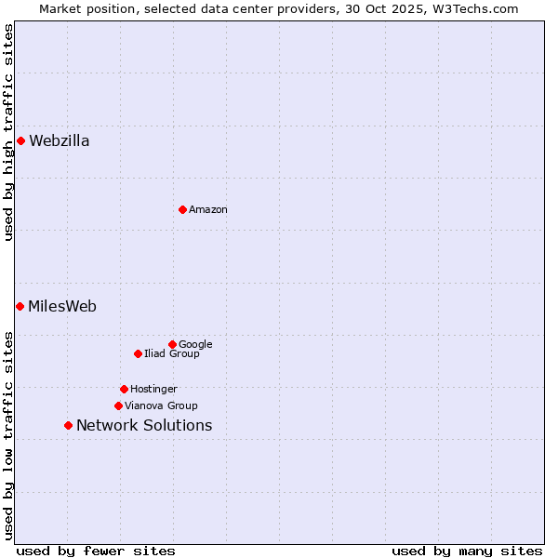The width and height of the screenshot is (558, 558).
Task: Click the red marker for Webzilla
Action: [x=20, y=140]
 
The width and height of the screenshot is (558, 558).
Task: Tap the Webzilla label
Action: [x=59, y=141]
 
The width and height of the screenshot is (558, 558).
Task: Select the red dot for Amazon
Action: [x=182, y=209]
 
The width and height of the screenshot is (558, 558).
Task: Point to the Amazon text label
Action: [x=207, y=210]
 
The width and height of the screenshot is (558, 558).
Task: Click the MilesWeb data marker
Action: [x=20, y=306]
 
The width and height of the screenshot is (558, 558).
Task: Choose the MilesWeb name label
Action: [x=61, y=307]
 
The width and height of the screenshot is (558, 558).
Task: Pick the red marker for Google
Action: [x=172, y=344]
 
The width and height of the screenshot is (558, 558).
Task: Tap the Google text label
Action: [x=195, y=344]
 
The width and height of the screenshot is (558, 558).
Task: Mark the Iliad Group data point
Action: [x=138, y=353]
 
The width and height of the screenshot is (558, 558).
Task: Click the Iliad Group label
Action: [x=171, y=353]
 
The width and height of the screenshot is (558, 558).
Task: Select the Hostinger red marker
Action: [x=124, y=389]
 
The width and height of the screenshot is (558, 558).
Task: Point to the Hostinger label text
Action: [x=153, y=389]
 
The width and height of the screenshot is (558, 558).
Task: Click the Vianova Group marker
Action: [x=118, y=405]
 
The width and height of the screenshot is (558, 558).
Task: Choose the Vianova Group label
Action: [x=161, y=405]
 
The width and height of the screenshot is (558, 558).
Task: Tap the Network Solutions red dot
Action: [x=68, y=425]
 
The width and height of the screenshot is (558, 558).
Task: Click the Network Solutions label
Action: [x=143, y=426]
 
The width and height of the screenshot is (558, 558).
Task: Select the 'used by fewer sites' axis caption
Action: [x=96, y=551]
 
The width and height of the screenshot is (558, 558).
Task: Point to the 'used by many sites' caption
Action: [x=466, y=551]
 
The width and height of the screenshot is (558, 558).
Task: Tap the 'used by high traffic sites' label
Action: [x=8, y=132]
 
